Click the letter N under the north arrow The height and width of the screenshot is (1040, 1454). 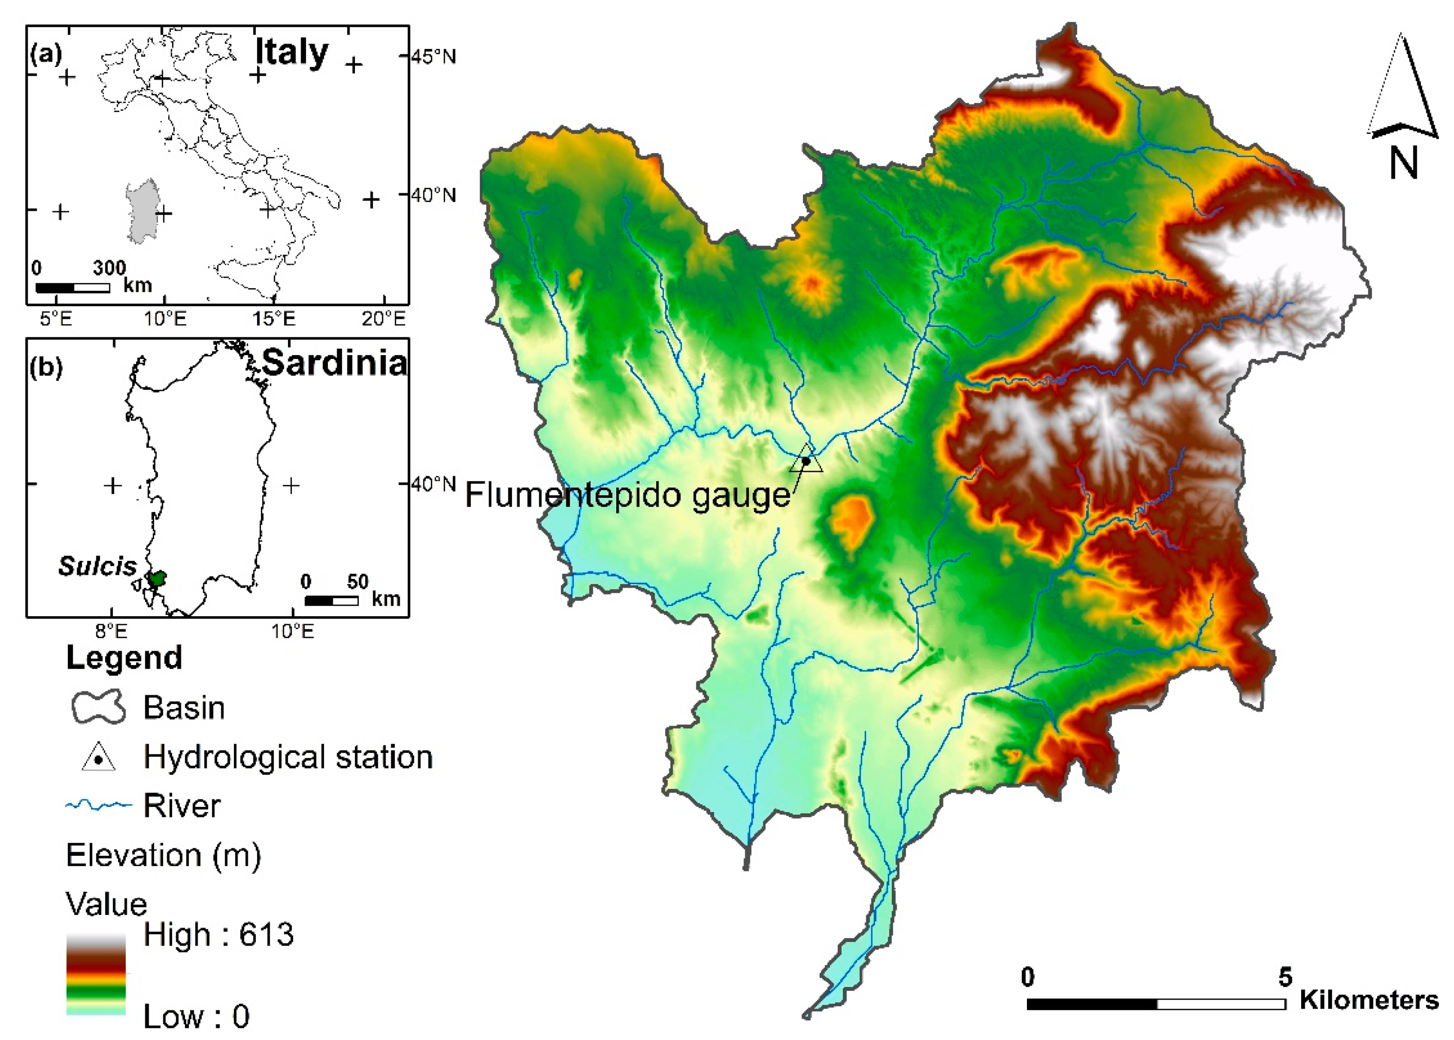1403,163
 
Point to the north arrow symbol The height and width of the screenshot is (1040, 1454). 1403,90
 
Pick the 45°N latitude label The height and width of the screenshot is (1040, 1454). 434,57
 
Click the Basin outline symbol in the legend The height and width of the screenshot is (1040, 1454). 97,707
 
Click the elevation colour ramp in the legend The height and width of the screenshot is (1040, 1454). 96,973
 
